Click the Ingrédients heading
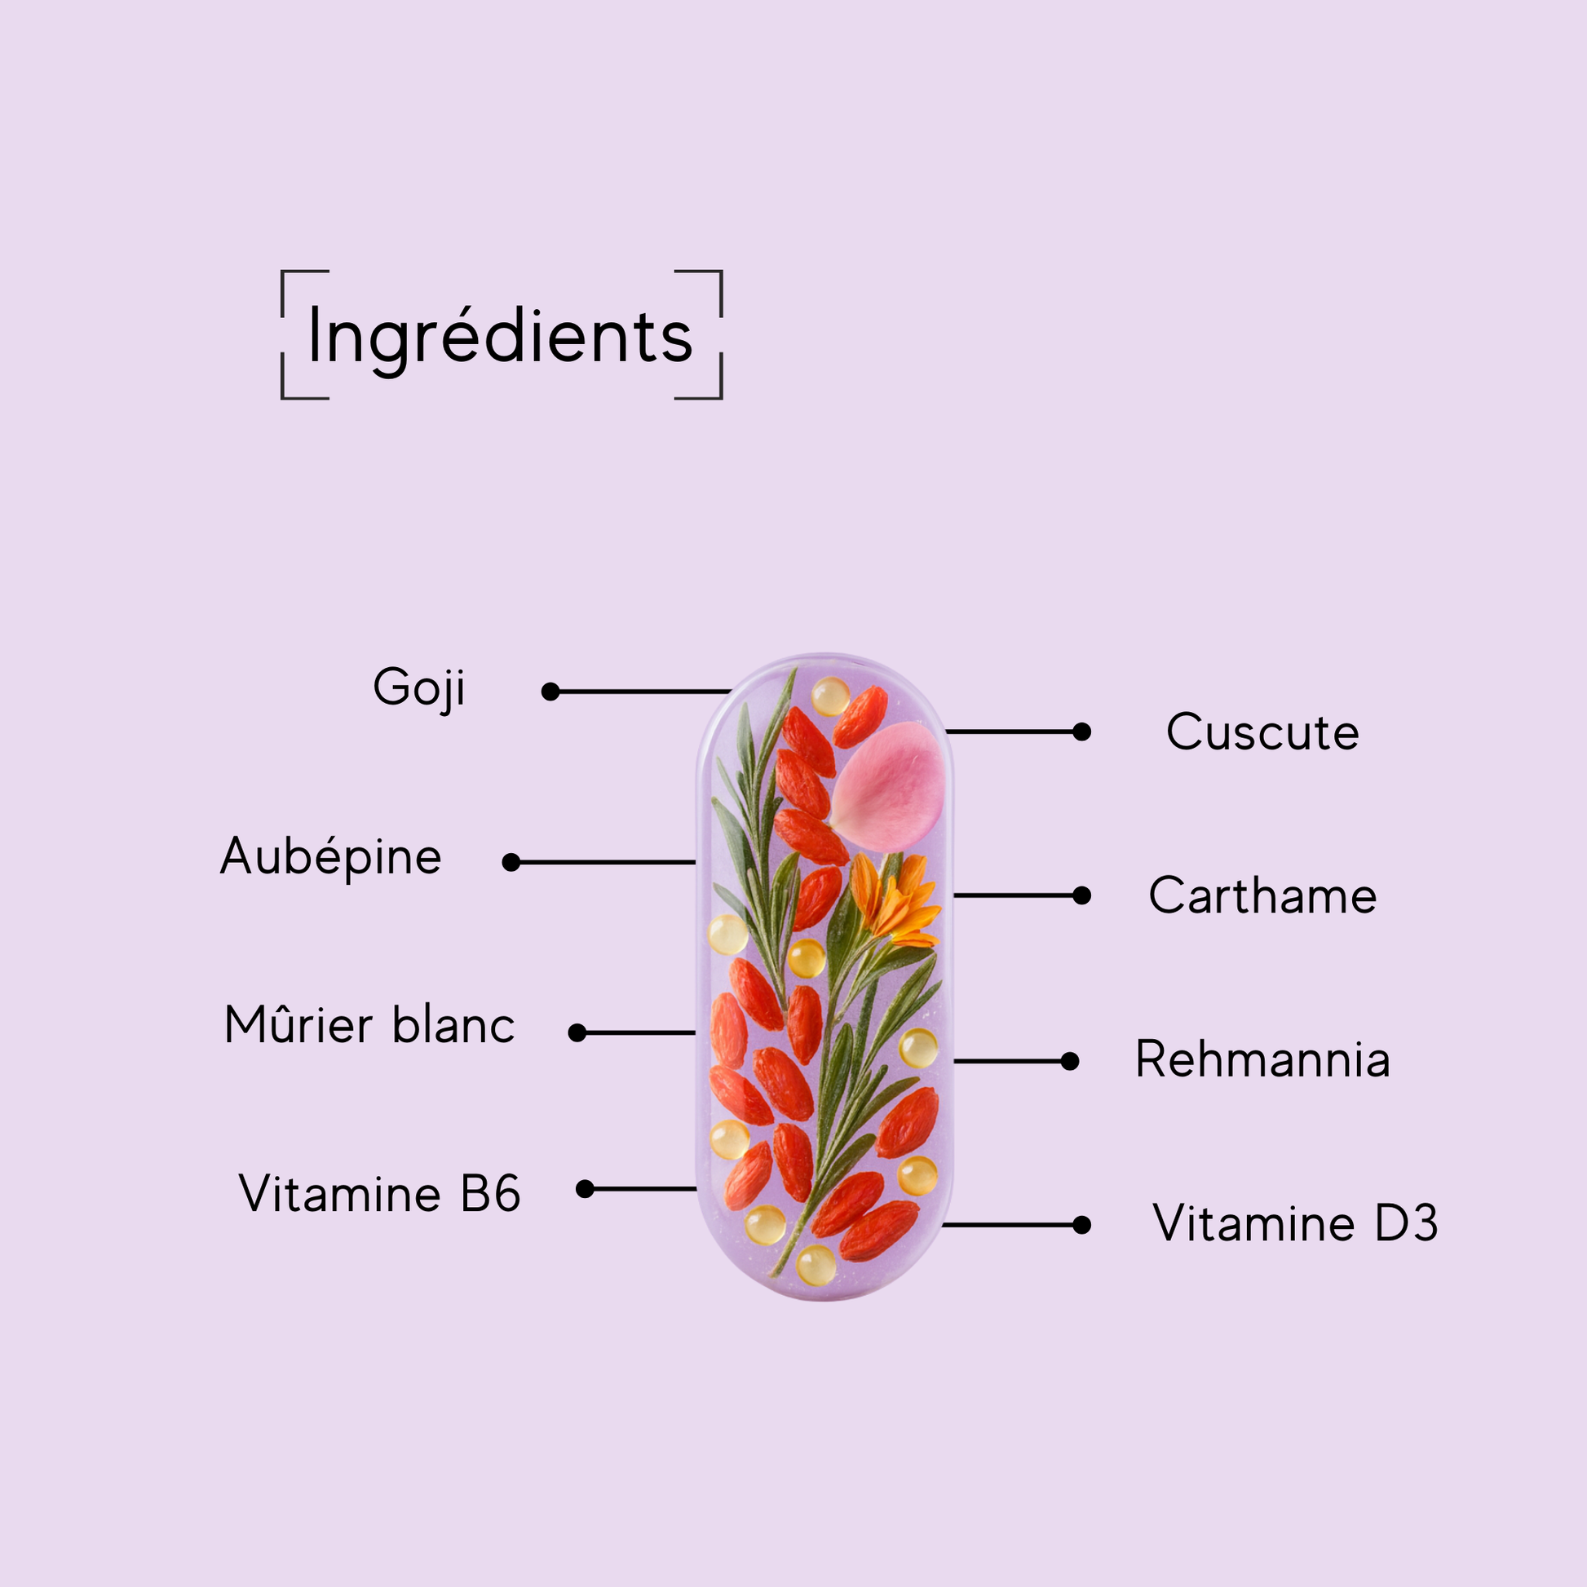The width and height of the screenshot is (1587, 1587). click(500, 337)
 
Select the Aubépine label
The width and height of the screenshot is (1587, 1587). click(331, 856)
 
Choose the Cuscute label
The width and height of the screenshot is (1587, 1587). click(1262, 732)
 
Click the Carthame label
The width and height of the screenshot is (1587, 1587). click(1262, 895)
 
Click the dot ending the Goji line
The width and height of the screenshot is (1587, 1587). click(550, 692)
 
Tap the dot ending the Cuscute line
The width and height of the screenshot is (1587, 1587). click(1082, 731)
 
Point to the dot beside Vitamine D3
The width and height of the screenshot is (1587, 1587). click(1082, 1225)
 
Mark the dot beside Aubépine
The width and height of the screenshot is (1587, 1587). click(511, 862)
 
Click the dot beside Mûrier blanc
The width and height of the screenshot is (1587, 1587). click(577, 1032)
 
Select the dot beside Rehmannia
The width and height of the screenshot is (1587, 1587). click(1069, 1061)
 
